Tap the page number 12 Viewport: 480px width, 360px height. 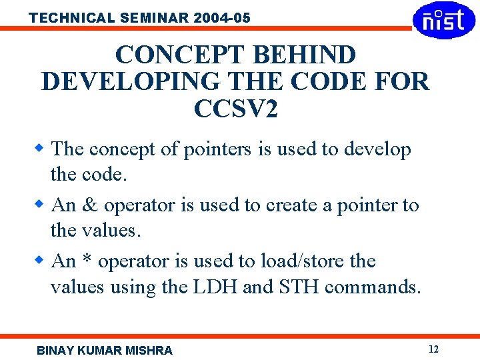coord(433,349)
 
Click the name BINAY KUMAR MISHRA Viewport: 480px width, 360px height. coord(105,350)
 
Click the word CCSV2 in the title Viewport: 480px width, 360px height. coord(235,109)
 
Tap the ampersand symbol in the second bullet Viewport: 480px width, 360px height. coord(90,205)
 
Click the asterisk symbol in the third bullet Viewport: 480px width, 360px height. coord(89,260)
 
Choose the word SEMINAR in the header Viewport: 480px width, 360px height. coord(145,18)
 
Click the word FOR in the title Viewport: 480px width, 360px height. coord(400,81)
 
